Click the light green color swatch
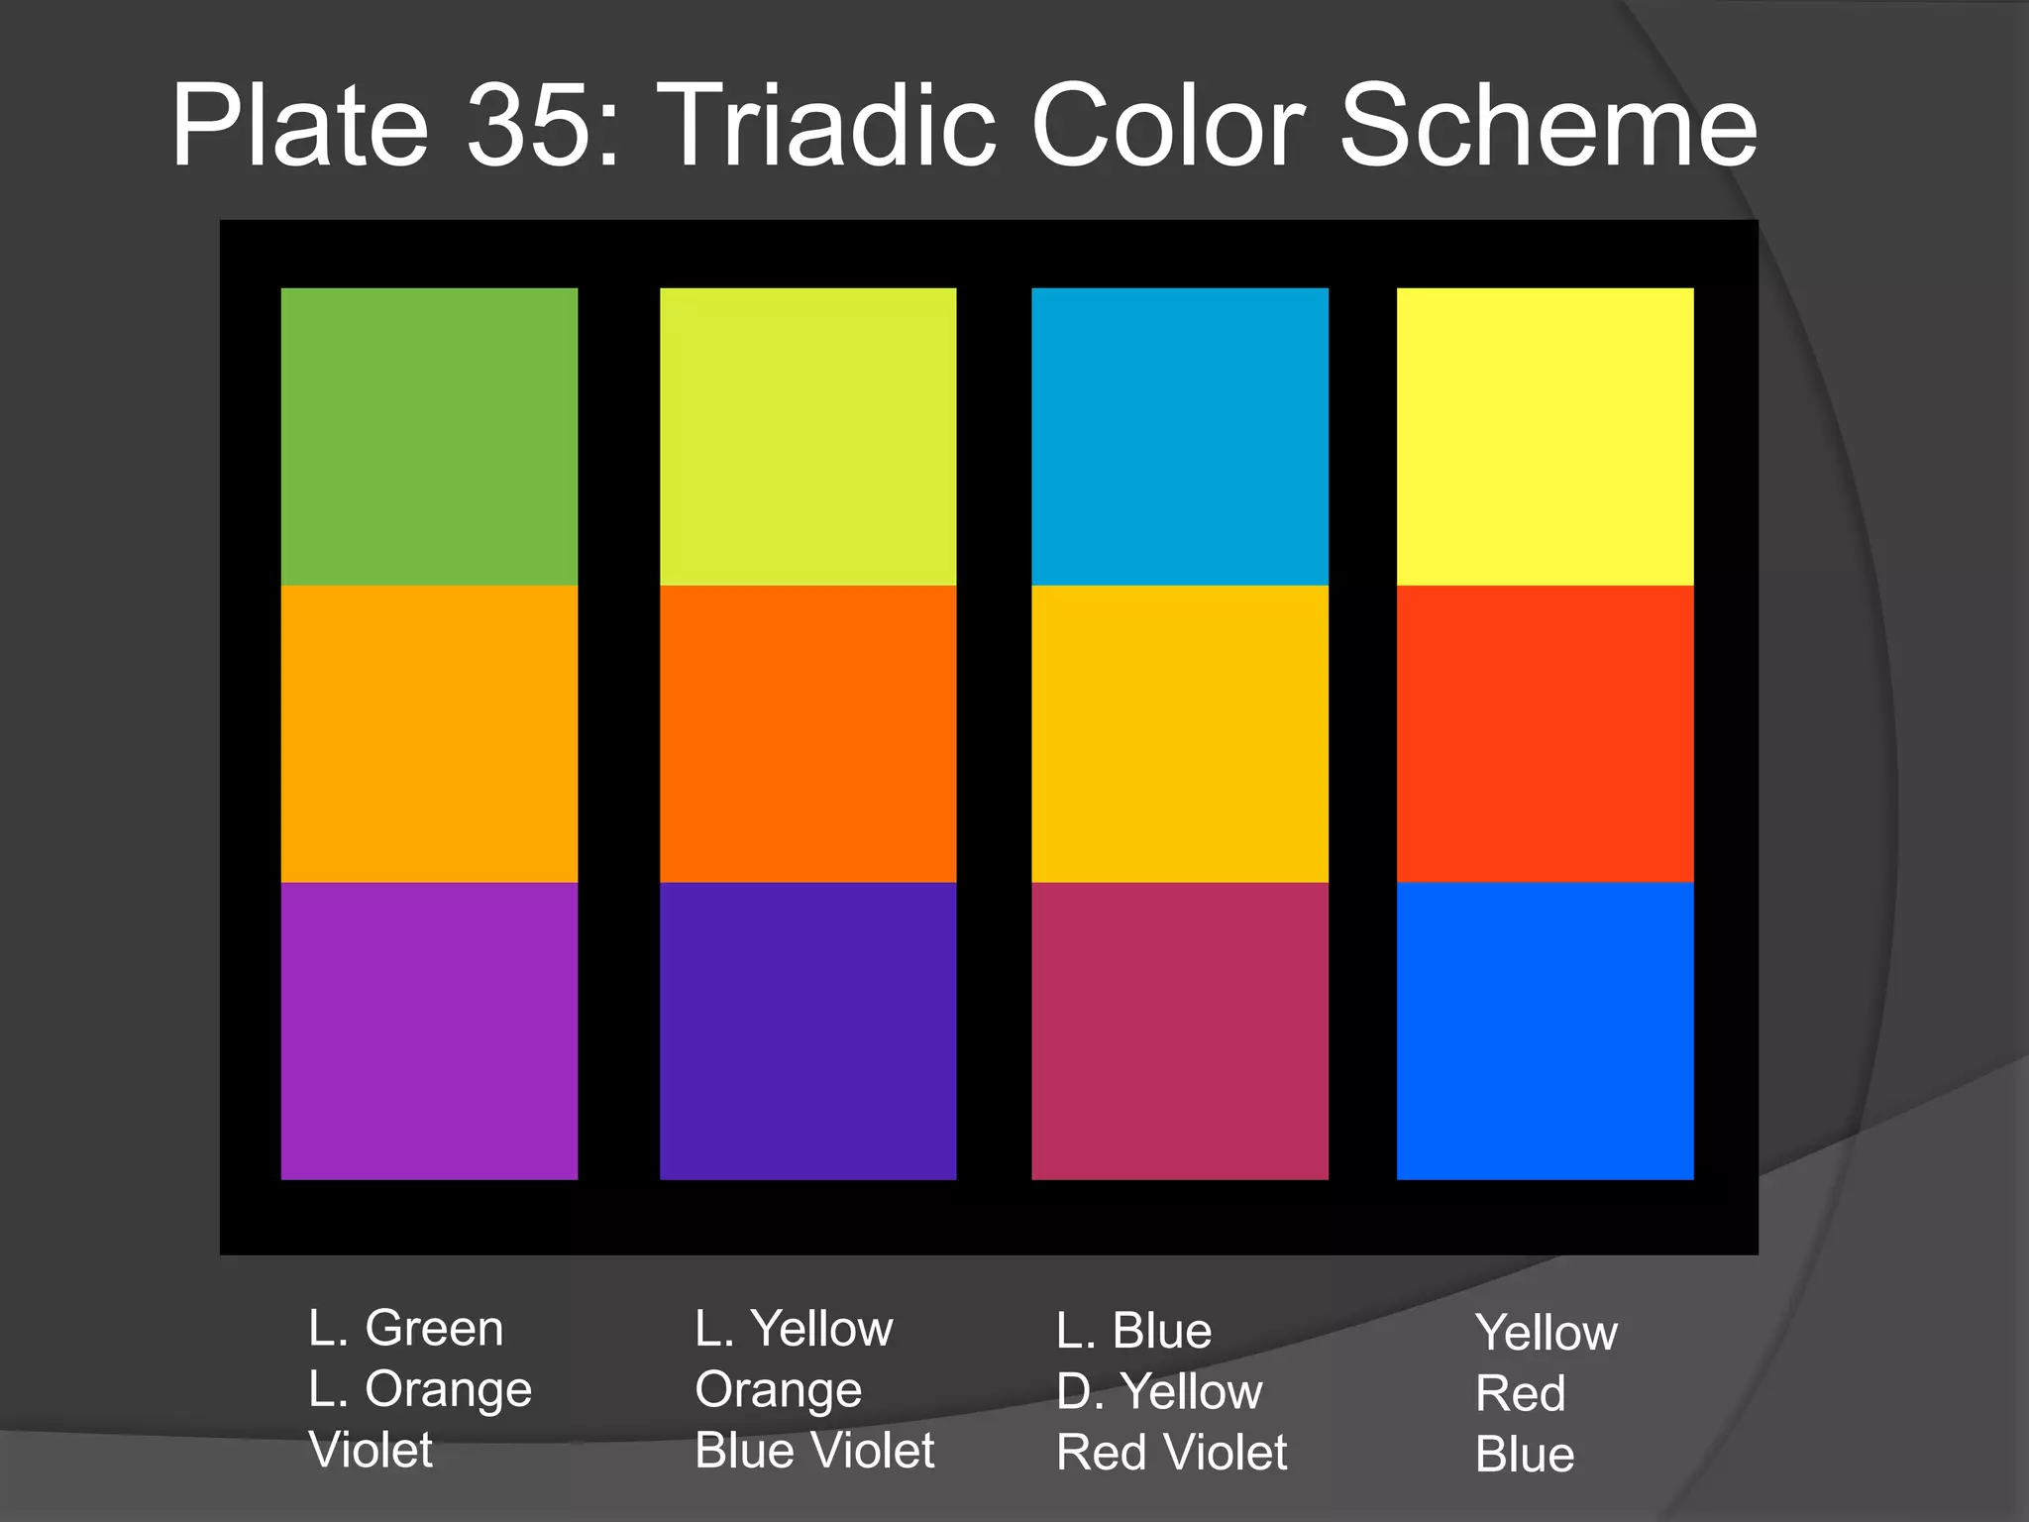[429, 436]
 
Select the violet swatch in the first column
[429, 1031]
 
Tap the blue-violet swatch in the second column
[807, 1031]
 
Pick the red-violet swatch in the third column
[1179, 1031]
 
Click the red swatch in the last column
[1545, 733]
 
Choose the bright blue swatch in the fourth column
[1545, 1031]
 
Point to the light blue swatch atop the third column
[1179, 436]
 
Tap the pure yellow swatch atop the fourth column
[1545, 436]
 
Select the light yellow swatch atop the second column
[807, 436]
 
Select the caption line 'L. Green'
[405, 1328]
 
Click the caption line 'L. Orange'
[420, 1389]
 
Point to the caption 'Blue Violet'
[814, 1451]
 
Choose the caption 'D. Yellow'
[1159, 1391]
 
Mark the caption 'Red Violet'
[1171, 1453]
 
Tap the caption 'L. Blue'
[1133, 1330]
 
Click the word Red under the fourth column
[1520, 1393]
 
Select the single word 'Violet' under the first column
[371, 1450]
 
